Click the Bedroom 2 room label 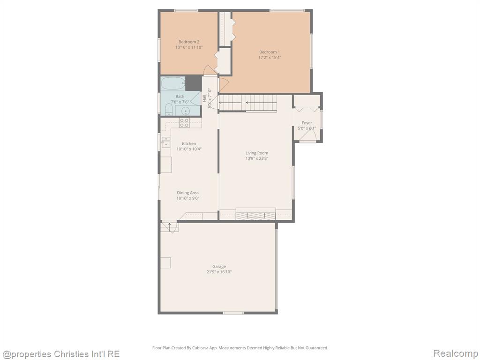189,42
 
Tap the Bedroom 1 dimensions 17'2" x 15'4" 270,57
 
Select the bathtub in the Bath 173,83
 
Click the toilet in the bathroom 169,110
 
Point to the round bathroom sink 185,111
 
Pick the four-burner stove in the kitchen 184,122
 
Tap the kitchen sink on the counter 166,142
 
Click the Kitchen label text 189,143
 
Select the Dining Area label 187,193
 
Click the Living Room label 257,153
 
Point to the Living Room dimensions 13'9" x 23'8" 257,158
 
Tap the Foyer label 307,123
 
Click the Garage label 219,267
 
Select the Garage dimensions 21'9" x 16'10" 219,272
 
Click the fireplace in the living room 255,214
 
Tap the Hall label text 204,98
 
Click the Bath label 180,97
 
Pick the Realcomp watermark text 456,353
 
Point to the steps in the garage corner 169,227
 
